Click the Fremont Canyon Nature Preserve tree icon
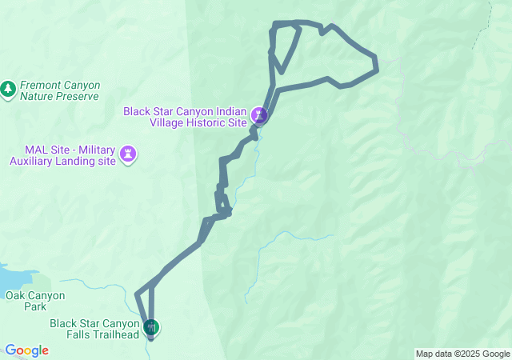click(x=9, y=89)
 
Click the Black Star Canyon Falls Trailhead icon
click(x=151, y=326)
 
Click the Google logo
click(x=26, y=350)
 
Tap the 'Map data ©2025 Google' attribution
click(x=462, y=354)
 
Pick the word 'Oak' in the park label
click(x=16, y=295)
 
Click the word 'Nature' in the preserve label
click(x=36, y=96)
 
